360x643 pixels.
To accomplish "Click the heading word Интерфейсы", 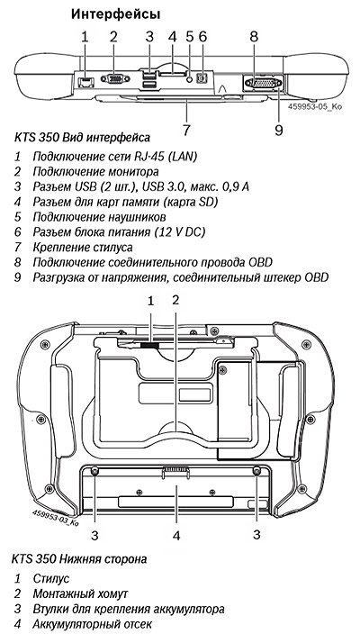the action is (115, 14).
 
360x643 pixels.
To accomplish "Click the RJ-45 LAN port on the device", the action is (86, 82).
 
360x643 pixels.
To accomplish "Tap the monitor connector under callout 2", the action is (115, 78).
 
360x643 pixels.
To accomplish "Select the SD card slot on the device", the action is (172, 74).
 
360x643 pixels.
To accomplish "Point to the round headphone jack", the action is (189, 79).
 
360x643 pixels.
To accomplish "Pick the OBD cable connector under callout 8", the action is (263, 83).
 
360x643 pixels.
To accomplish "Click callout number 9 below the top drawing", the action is (279, 130).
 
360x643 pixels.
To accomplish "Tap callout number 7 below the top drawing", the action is (186, 130).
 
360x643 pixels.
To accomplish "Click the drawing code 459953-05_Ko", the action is (315, 106).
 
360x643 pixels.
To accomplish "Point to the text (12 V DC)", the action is (180, 231).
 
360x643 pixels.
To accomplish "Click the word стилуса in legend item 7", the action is (112, 248).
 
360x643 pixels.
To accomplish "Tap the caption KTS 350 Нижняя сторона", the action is (79, 558).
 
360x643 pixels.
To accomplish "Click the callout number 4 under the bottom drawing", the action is (176, 536).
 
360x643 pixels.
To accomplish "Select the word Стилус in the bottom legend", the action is (50, 579).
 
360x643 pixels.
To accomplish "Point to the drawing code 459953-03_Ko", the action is (55, 518).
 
